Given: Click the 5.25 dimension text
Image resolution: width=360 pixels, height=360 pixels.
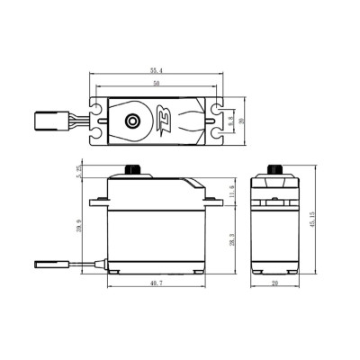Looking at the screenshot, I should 80,173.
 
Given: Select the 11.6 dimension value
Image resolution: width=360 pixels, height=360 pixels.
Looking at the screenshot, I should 230,191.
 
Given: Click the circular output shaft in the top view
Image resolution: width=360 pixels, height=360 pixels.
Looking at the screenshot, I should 133,119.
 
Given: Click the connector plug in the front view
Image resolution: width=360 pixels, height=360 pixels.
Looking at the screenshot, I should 47,265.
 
